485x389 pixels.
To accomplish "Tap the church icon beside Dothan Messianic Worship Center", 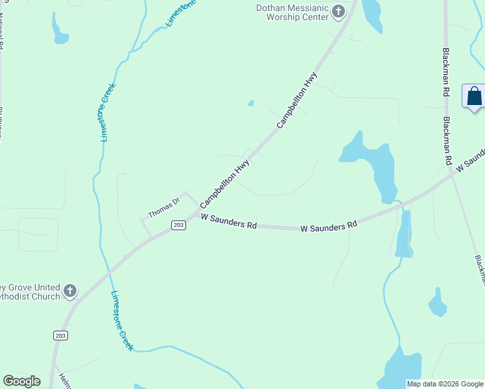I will tap(338, 11).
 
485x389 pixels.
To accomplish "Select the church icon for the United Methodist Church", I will tap(70, 291).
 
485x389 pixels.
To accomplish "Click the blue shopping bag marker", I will tap(475, 97).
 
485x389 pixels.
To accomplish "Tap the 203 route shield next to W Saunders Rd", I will tap(179, 224).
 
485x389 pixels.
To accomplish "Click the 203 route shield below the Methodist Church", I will tap(60, 335).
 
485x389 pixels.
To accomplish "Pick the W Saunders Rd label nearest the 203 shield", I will tap(229, 222).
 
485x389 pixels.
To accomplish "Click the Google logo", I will tap(21, 381).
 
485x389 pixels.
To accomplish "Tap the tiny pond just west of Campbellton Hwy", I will tap(251, 103).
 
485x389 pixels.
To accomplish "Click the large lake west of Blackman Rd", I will tap(373, 165).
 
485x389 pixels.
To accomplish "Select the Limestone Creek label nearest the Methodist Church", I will tap(121, 321).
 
